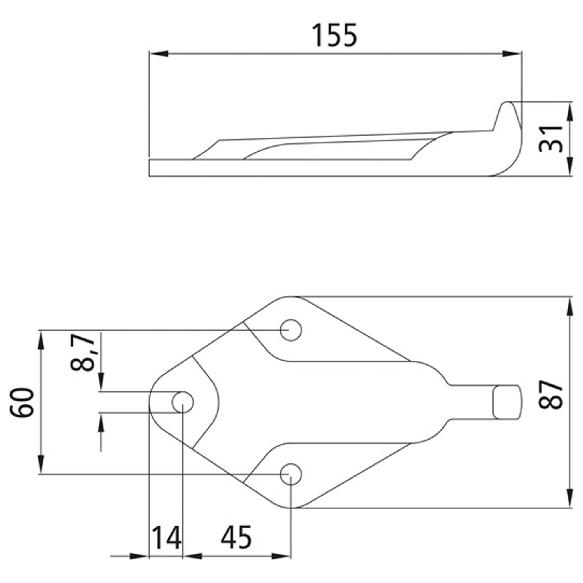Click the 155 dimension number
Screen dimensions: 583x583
(x=334, y=36)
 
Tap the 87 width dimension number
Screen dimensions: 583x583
(x=550, y=395)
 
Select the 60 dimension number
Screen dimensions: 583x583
(x=22, y=403)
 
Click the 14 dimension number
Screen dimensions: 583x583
(x=166, y=538)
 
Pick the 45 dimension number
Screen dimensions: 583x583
(x=236, y=538)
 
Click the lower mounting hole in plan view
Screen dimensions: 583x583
(x=291, y=474)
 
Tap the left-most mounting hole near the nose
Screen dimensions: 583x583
(x=182, y=402)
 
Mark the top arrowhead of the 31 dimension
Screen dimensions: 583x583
(x=570, y=112)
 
